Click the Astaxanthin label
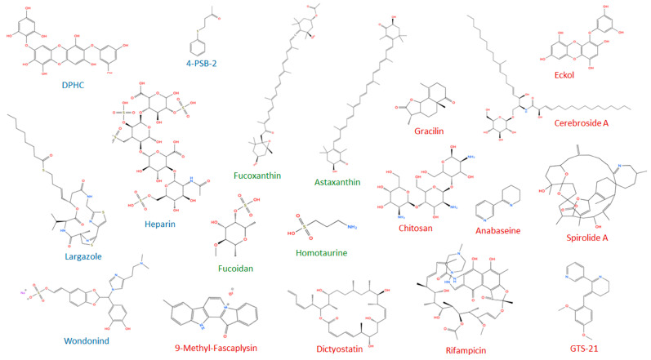(x=337, y=182)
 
